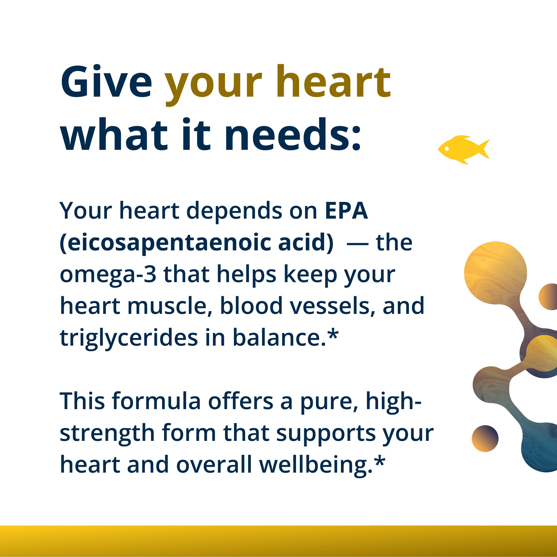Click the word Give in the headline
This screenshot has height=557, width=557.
106,82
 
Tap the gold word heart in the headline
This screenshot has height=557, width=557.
333,82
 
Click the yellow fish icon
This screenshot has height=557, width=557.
461,149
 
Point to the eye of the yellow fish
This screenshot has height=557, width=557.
447,149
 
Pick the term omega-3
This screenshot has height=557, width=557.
108,275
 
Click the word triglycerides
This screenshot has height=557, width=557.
129,338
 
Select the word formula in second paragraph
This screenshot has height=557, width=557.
156,401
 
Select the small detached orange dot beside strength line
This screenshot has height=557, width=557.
485,439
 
